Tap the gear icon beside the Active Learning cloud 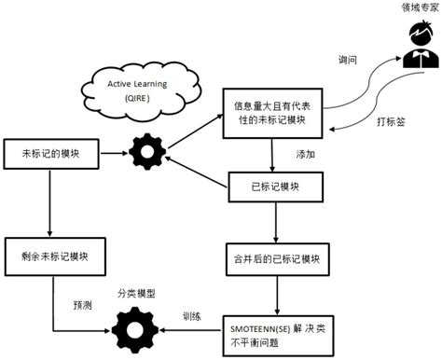(146, 151)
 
